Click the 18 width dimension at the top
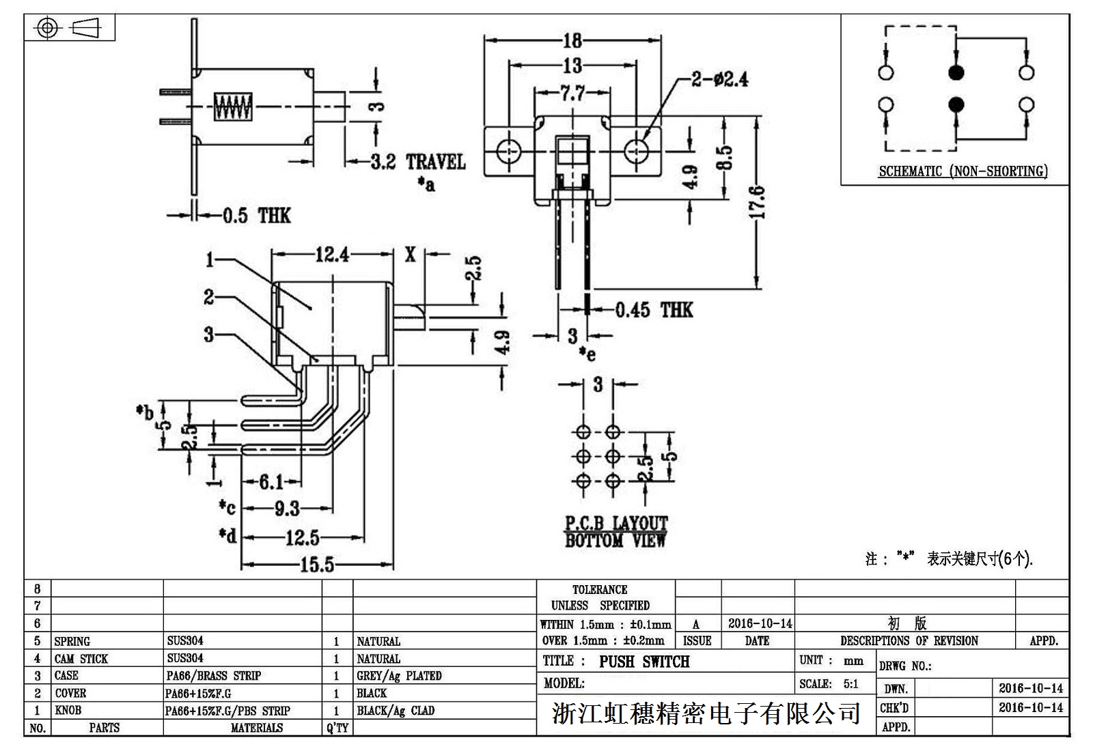572,40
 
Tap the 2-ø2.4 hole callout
719,79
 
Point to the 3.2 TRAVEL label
418,162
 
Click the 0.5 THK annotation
257,216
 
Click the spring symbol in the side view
233,107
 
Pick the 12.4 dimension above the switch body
332,255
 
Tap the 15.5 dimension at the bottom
318,565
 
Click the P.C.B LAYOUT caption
615,524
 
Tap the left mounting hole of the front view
508,150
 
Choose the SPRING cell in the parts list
72,641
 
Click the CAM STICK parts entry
81,659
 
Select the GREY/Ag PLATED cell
399,676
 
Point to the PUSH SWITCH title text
644,662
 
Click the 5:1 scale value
850,683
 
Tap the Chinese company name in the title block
706,714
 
